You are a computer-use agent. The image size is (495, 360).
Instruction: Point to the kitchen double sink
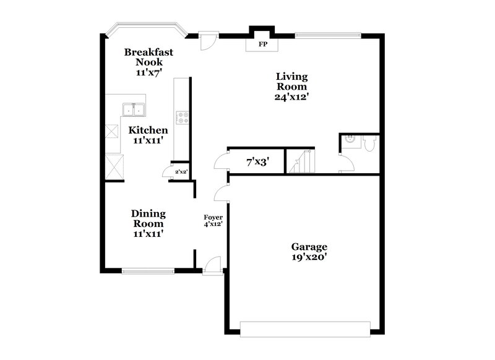click(x=133, y=110)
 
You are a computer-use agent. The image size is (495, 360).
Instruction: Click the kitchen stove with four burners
click(x=182, y=118)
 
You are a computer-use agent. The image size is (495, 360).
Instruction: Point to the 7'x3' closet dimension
click(x=257, y=163)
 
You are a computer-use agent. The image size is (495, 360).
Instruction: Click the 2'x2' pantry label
click(x=181, y=172)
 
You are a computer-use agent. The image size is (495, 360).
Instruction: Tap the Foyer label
click(x=213, y=220)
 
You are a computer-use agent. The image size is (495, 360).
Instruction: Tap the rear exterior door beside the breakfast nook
click(x=208, y=41)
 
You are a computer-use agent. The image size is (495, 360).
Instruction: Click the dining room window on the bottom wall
click(x=148, y=270)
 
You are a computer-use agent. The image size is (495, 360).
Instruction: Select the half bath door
click(x=345, y=165)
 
